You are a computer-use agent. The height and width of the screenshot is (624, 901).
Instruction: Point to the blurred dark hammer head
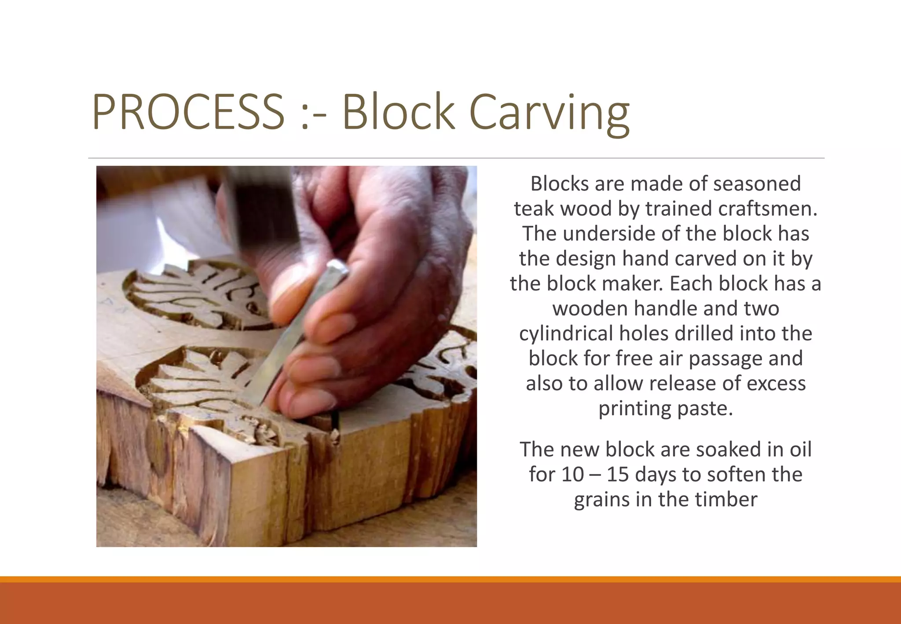pos(264,207)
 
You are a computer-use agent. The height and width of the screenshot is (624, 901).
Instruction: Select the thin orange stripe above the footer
pos(450,579)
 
